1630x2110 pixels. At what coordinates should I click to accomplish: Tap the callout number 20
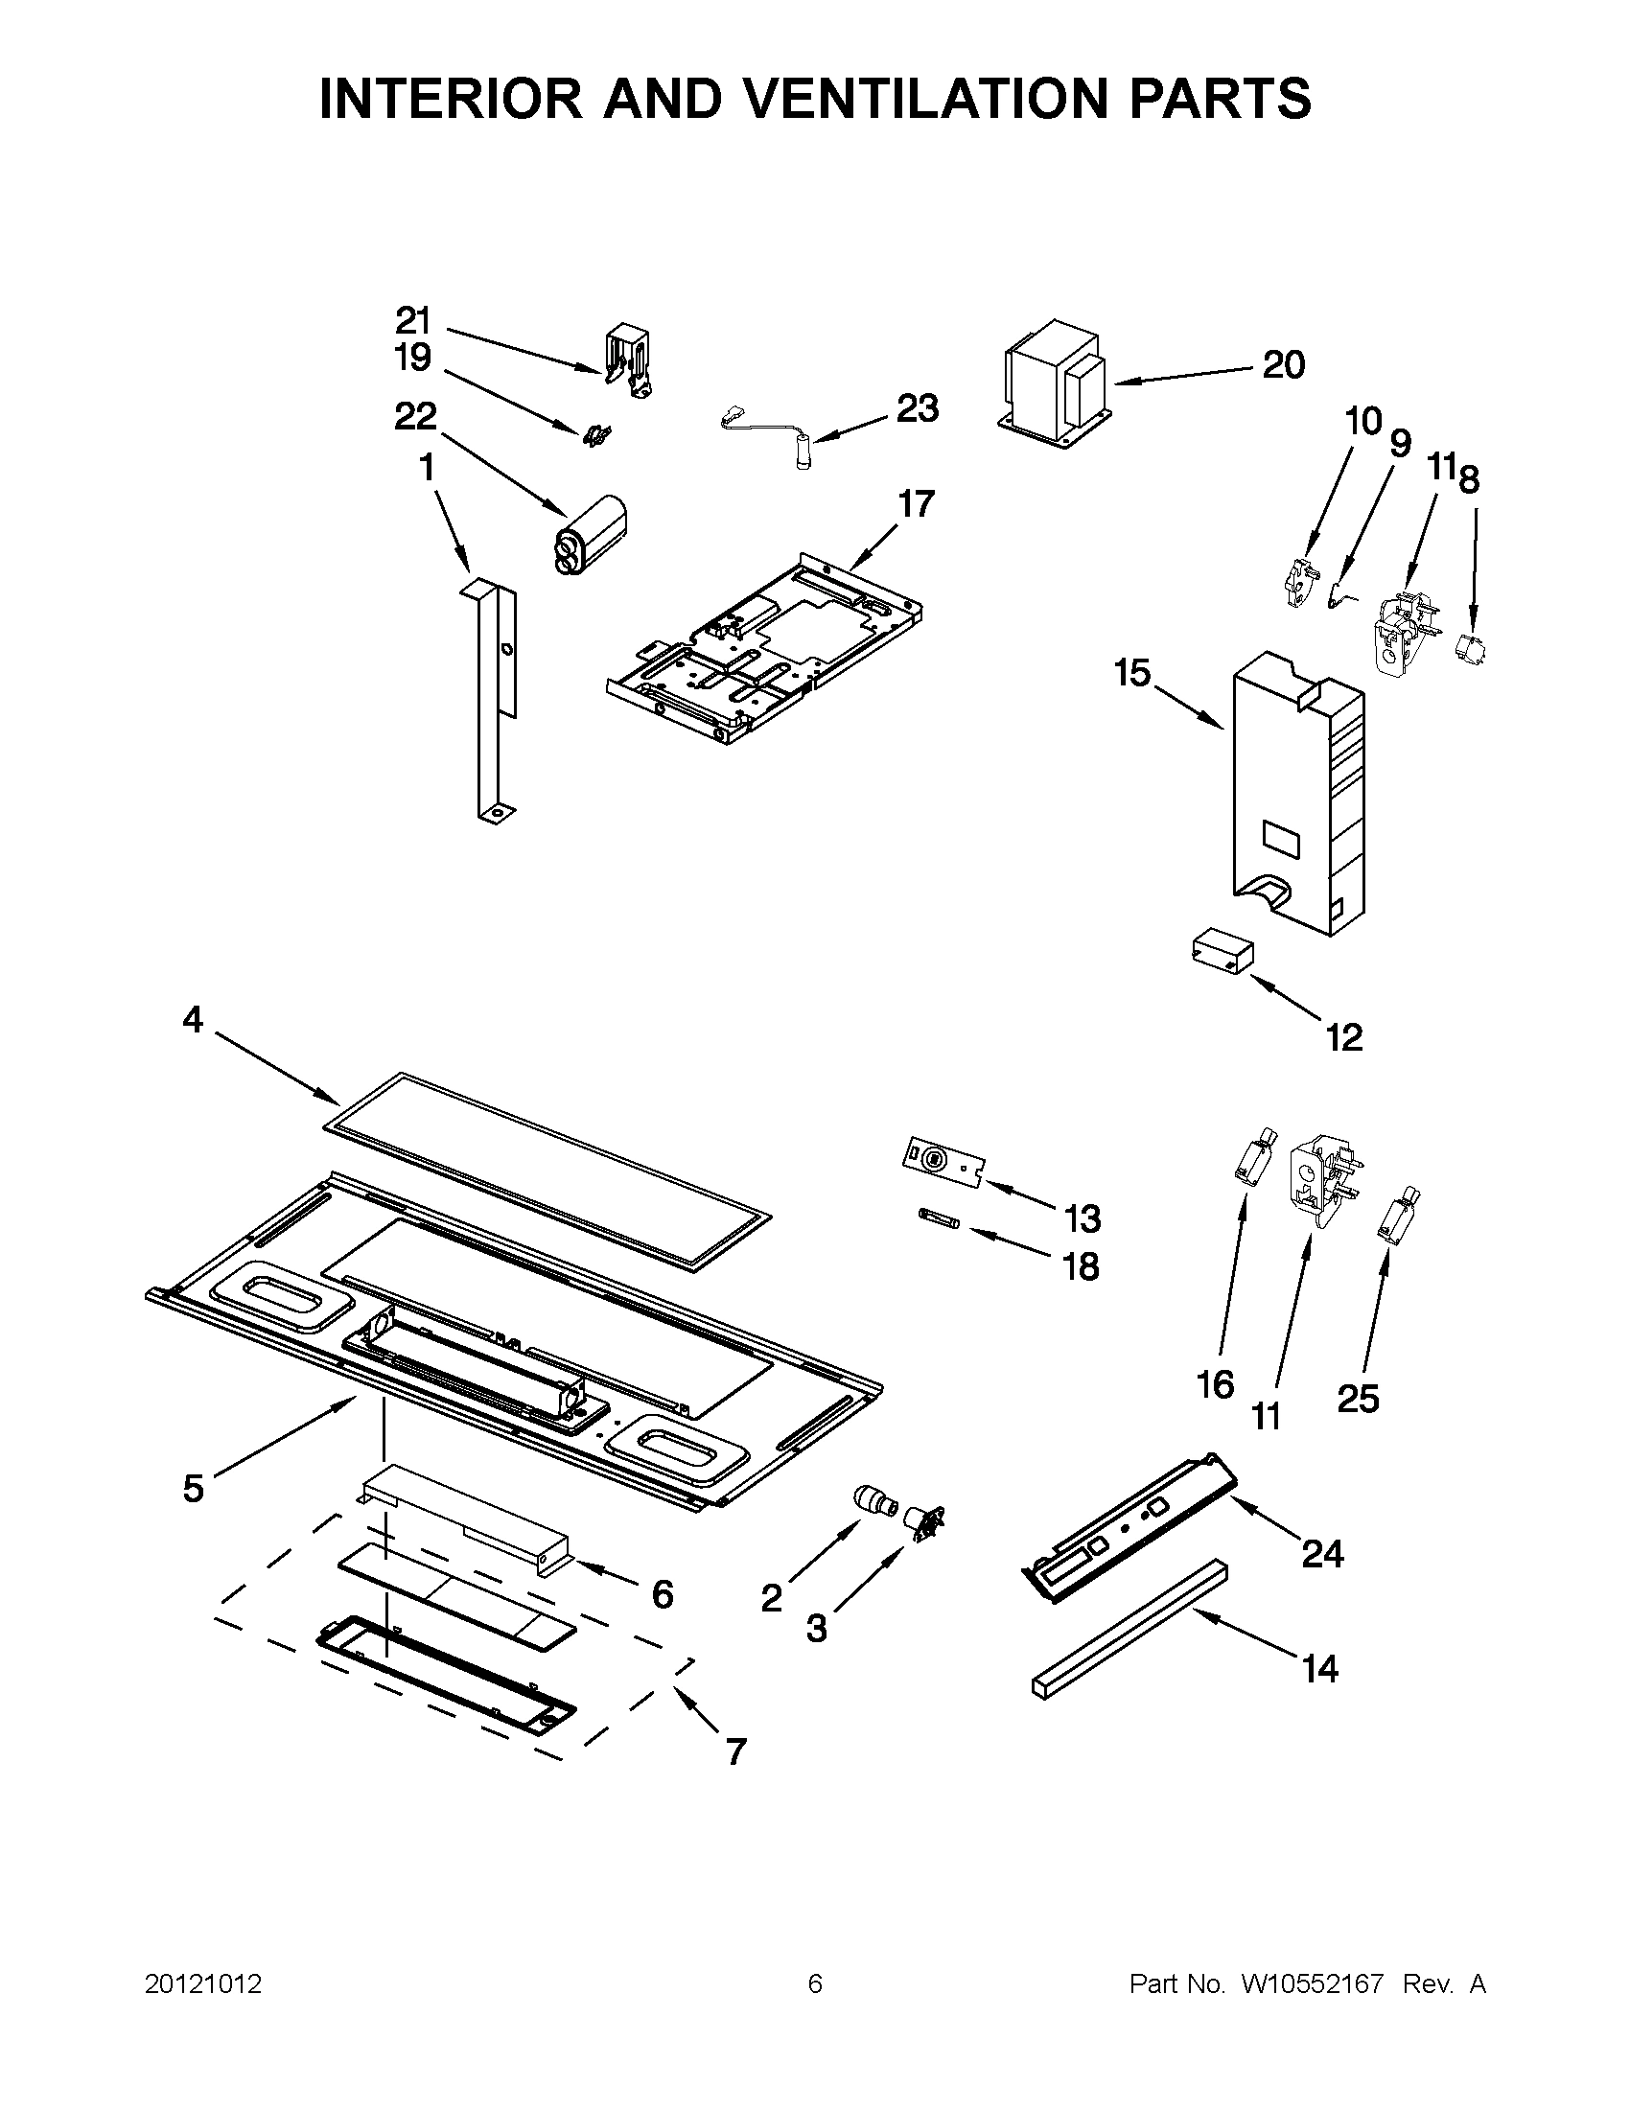click(1283, 365)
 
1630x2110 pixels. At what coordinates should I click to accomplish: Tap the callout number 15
click(1132, 672)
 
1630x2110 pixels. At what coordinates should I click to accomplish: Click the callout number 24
click(1322, 1554)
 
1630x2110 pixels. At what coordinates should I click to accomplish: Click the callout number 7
click(735, 1751)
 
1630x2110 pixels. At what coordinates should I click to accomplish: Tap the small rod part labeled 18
click(936, 1224)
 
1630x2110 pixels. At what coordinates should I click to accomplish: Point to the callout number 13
click(1083, 1219)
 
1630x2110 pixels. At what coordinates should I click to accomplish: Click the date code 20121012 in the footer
click(203, 1984)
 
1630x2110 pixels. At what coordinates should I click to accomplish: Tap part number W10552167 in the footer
click(1311, 1984)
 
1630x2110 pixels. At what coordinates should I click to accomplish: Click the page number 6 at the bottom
click(814, 1984)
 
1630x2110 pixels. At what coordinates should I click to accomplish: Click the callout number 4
click(194, 1019)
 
